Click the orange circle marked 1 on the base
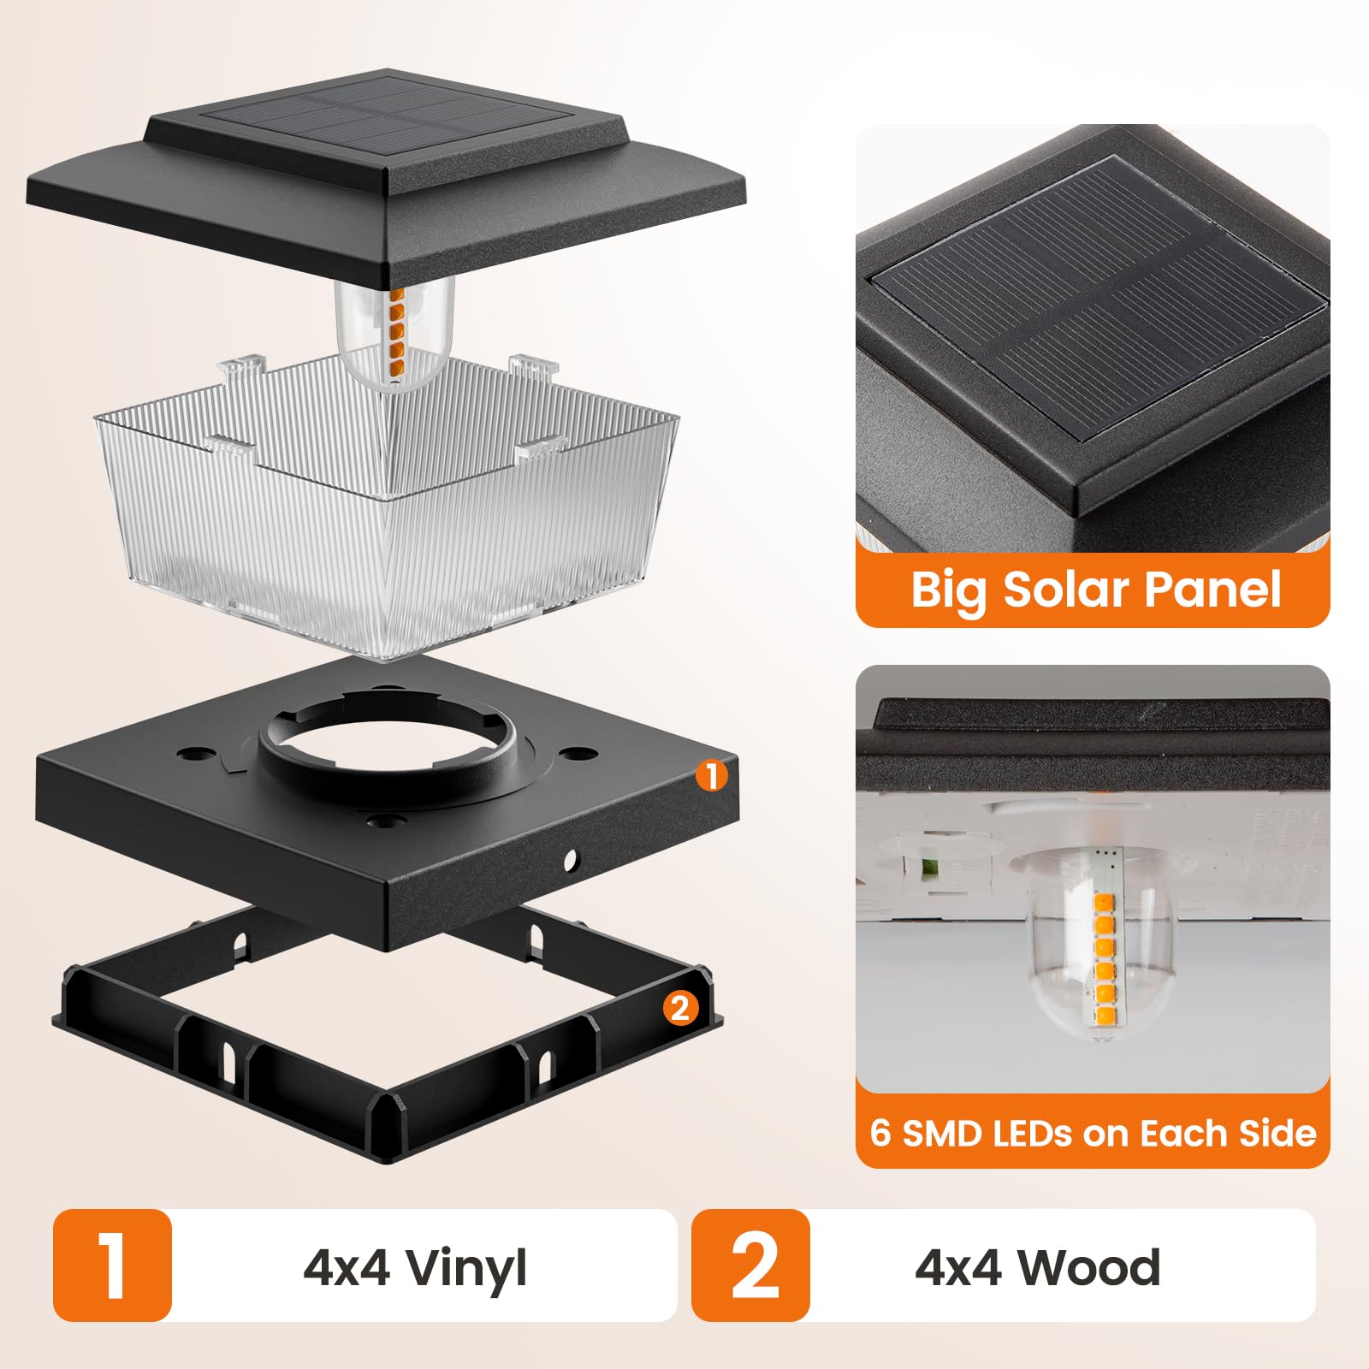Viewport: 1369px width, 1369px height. click(x=712, y=776)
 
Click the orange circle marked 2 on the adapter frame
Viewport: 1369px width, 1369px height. click(x=680, y=1008)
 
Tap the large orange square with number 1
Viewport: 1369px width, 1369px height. click(x=112, y=1265)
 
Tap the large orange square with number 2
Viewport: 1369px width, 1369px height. click(x=750, y=1265)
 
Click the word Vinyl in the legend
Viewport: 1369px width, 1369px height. click(x=466, y=1268)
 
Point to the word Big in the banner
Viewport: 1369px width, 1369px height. click(x=949, y=590)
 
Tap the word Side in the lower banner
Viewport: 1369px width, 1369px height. click(x=1279, y=1133)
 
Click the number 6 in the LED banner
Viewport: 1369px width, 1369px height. click(x=881, y=1133)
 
